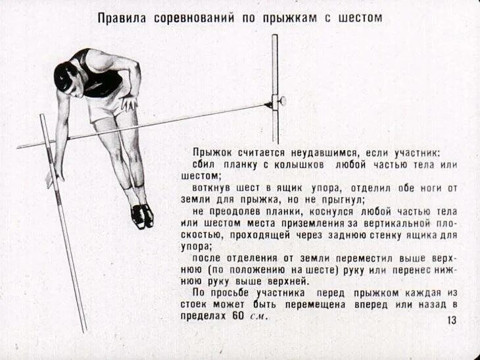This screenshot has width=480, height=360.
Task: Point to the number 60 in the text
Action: click(x=238, y=315)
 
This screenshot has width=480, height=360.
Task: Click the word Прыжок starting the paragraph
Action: click(x=210, y=151)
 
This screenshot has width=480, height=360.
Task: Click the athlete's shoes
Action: click(x=142, y=215)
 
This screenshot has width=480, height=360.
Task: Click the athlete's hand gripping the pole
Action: click(x=57, y=172)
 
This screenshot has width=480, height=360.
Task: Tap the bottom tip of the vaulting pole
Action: click(x=84, y=330)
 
